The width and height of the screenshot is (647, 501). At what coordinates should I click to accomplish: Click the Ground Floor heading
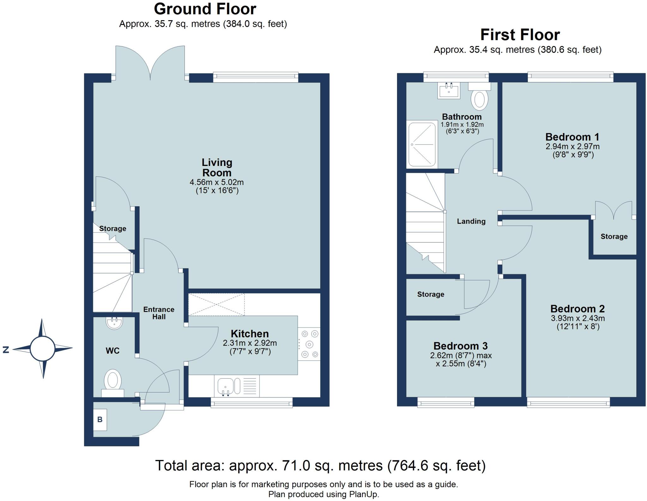(205, 9)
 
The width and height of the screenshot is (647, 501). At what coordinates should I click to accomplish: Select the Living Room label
(217, 168)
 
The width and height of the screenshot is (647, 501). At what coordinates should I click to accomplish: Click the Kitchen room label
(250, 333)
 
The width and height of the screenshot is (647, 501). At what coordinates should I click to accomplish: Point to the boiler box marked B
(100, 420)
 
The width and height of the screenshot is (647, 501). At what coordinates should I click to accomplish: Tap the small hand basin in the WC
(114, 322)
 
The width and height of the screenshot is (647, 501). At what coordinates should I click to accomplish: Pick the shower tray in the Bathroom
(422, 144)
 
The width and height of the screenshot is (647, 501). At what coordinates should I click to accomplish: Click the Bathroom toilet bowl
(480, 98)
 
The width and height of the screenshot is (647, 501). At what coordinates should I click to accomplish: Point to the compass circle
(42, 349)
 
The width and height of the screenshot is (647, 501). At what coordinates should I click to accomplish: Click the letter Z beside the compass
(6, 350)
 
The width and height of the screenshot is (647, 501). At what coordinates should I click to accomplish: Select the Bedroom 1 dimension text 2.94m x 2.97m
(572, 146)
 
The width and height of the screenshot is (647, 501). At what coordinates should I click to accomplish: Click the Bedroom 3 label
(461, 346)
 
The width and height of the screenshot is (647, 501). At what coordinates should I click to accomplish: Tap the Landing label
(471, 221)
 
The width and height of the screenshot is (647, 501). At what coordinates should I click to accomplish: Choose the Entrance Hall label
(159, 313)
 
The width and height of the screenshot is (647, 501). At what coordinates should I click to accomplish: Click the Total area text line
(320, 465)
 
